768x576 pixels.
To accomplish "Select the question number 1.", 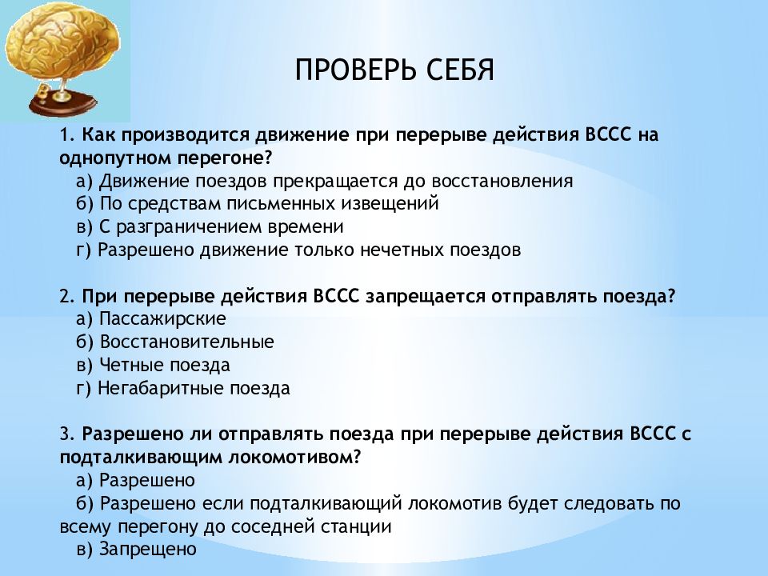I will pyautogui.click(x=65, y=134).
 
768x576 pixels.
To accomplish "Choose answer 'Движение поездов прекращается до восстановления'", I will pyautogui.click(x=336, y=181).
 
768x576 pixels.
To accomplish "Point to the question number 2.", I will pyautogui.click(x=65, y=296).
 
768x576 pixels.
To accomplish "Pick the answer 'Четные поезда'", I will pyautogui.click(x=165, y=366).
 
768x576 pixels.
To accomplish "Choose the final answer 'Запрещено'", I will pyautogui.click(x=147, y=550).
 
